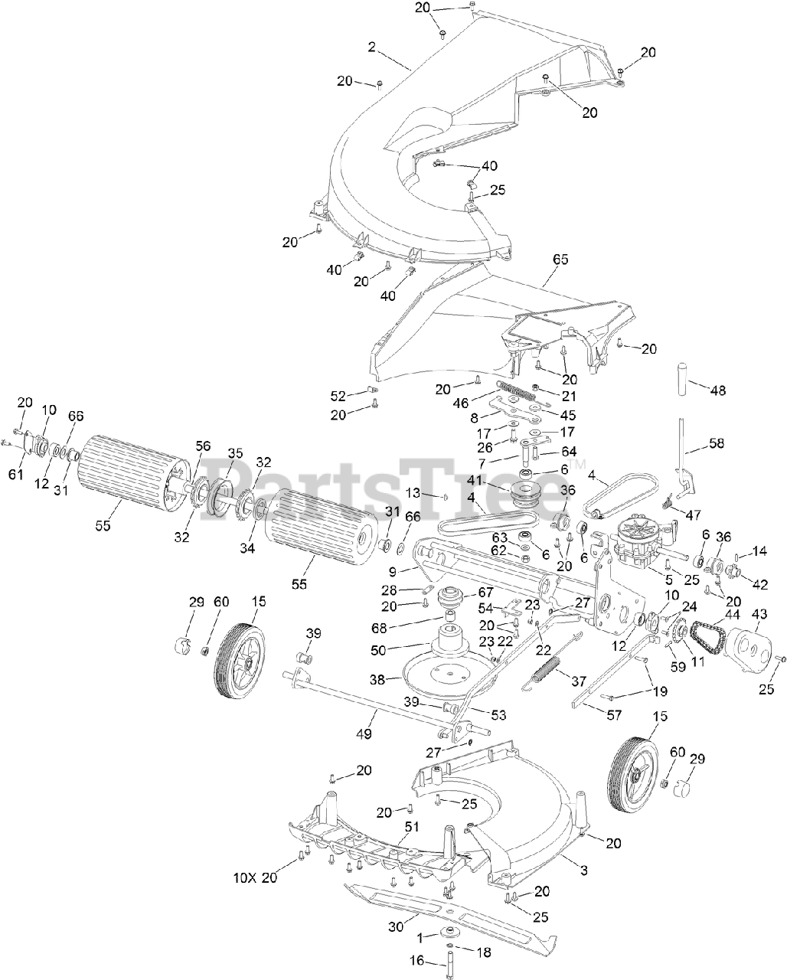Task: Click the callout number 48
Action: [x=718, y=390]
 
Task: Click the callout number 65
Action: [x=560, y=260]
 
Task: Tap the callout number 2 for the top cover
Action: [x=372, y=47]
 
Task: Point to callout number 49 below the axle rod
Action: [x=364, y=734]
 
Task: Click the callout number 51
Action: [x=413, y=826]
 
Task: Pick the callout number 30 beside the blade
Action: [x=395, y=926]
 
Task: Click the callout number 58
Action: [x=716, y=444]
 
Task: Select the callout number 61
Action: [x=16, y=474]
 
